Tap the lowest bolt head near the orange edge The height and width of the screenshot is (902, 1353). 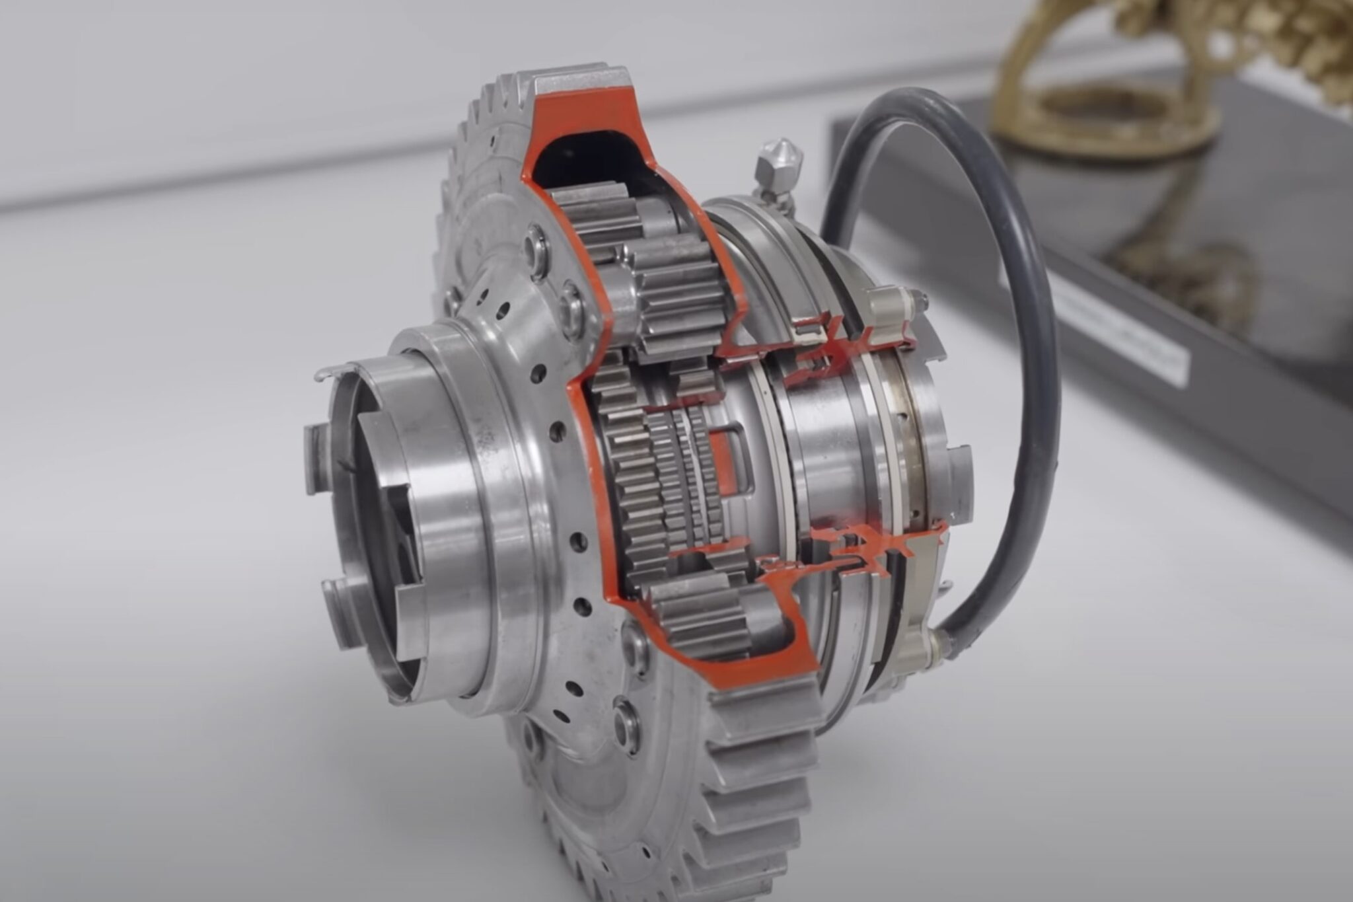(x=624, y=724)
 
